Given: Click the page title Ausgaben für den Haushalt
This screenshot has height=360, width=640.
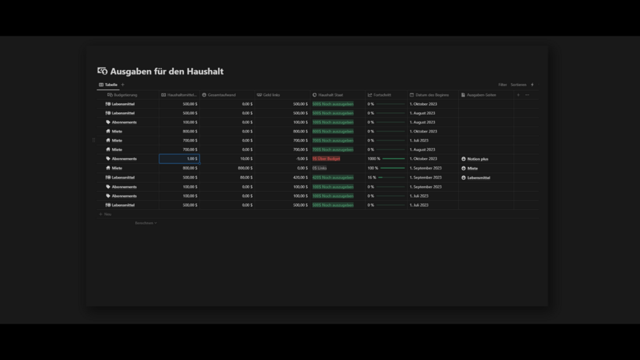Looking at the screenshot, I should [x=166, y=71].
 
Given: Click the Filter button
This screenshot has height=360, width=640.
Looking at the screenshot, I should [x=502, y=85].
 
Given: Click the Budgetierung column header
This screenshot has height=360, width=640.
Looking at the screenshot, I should [x=125, y=95].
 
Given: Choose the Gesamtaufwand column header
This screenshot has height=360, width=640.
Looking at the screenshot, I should [x=222, y=95].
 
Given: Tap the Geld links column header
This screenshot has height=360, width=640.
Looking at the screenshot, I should [x=271, y=95].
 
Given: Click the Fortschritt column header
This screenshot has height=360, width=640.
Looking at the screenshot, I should [x=382, y=95].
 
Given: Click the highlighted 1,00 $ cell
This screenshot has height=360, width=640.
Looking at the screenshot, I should [x=180, y=159].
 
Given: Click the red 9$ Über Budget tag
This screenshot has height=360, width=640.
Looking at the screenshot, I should [x=326, y=159].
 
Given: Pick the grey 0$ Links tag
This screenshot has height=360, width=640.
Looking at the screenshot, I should [x=319, y=168].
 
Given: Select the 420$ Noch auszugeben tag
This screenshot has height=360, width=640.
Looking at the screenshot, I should [x=332, y=178].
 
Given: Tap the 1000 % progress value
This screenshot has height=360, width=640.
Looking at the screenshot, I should [x=374, y=159].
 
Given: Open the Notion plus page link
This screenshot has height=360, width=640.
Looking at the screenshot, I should [x=478, y=159].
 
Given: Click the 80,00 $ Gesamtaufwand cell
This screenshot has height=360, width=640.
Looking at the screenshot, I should [x=246, y=178].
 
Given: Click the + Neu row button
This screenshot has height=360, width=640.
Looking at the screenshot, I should [x=106, y=214].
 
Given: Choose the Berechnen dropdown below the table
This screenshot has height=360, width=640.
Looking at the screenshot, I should [x=146, y=223].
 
